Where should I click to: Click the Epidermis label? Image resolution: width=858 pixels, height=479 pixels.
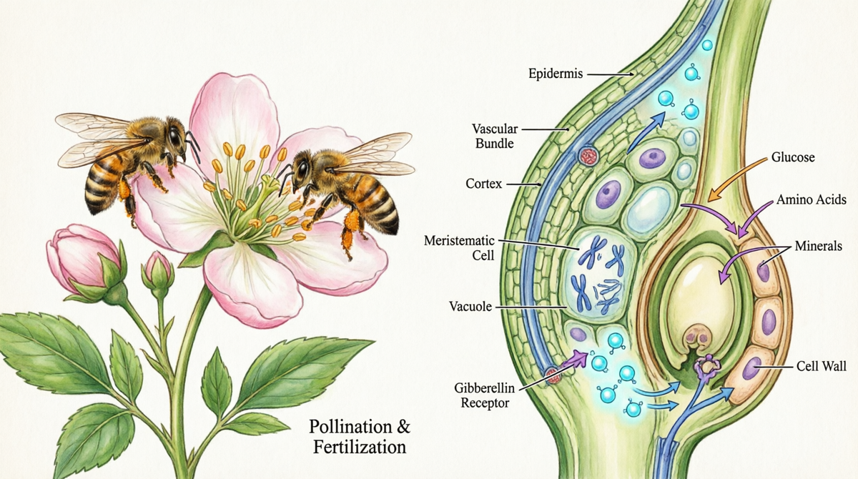point(556,73)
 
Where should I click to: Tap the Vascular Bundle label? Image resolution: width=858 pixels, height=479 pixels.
point(495,136)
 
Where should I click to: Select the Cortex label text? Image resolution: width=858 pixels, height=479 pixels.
point(484,184)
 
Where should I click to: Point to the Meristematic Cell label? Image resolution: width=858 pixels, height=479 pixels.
point(459,248)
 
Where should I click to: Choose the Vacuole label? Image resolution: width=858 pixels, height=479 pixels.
point(470,306)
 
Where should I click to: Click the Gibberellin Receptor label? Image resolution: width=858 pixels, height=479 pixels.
point(485,395)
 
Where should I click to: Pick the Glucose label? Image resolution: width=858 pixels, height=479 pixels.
point(793,157)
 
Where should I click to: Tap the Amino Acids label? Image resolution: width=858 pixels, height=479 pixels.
point(812,199)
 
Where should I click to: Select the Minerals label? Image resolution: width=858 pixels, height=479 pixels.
point(819,245)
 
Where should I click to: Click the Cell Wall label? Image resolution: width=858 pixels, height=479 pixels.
point(822,366)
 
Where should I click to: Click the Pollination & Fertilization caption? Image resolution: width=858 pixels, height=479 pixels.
point(359,437)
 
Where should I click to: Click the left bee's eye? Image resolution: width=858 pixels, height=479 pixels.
point(175,137)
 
